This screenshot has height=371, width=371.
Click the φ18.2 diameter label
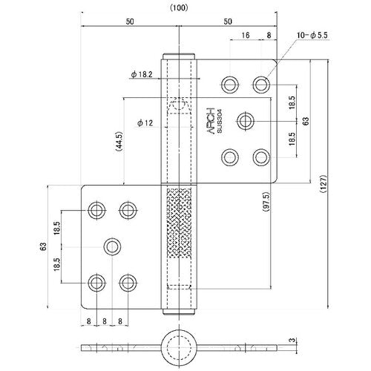[141, 74]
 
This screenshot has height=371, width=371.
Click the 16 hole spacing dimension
[246, 34]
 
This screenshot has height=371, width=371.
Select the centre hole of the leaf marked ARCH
[246, 119]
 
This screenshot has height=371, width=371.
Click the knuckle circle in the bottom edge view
[178, 346]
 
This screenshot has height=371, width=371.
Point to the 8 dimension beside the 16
[268, 34]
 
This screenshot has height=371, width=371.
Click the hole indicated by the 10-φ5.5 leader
[260, 82]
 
